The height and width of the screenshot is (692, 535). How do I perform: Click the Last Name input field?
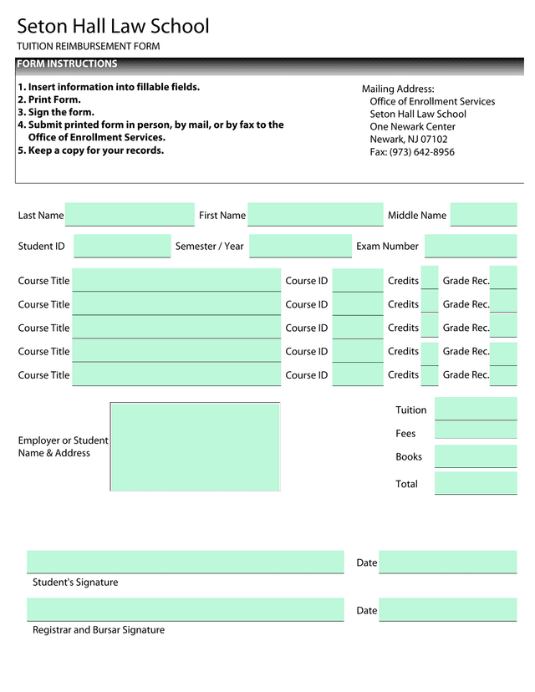(130, 215)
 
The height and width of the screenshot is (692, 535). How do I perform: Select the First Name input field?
(315, 215)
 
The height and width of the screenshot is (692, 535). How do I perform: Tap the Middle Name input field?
(483, 215)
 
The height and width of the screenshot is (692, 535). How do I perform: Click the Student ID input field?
(122, 247)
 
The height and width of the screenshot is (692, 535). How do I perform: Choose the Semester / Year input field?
(300, 247)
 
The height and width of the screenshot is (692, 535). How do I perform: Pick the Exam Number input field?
(471, 247)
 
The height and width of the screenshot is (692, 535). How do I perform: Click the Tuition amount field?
(476, 410)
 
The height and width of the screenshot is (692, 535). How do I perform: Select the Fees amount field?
(476, 431)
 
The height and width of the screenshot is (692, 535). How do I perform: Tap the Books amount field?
(476, 456)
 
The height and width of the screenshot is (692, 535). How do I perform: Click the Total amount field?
(476, 483)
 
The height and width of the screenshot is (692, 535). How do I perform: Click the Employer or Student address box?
(195, 447)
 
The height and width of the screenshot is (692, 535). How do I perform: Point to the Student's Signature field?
(185, 562)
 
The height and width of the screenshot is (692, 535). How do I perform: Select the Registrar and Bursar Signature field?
(185, 609)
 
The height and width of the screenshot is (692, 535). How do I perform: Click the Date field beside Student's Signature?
(447, 562)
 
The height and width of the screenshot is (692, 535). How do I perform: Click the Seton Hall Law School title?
(113, 27)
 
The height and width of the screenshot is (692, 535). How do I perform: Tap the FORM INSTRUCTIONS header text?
(67, 64)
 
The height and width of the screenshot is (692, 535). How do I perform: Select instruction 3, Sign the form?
(56, 112)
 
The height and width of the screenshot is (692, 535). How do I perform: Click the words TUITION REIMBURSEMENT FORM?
(88, 47)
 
